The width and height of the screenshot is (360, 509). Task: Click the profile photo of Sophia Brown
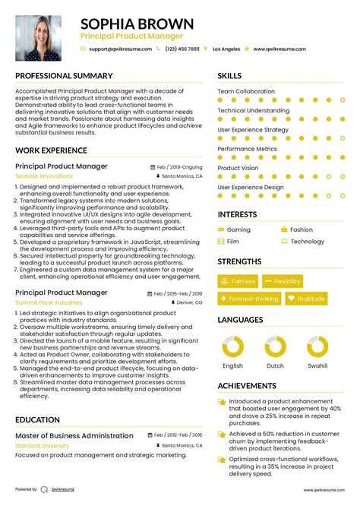(38, 38)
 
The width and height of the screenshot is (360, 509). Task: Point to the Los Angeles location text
(226, 49)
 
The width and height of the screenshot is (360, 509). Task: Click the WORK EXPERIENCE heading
(51, 150)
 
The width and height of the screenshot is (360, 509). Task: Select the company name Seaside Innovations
(44, 176)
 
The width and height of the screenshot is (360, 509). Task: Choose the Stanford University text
(43, 446)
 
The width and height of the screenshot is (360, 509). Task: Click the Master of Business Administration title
(75, 435)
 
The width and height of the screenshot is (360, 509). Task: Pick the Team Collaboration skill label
(246, 91)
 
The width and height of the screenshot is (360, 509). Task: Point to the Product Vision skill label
(238, 168)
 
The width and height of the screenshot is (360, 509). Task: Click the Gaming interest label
(238, 229)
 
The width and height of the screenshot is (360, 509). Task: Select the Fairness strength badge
(238, 281)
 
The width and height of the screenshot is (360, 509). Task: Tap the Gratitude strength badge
(306, 299)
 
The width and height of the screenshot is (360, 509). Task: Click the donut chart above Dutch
(274, 348)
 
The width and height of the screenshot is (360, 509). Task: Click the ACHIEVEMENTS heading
(248, 385)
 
